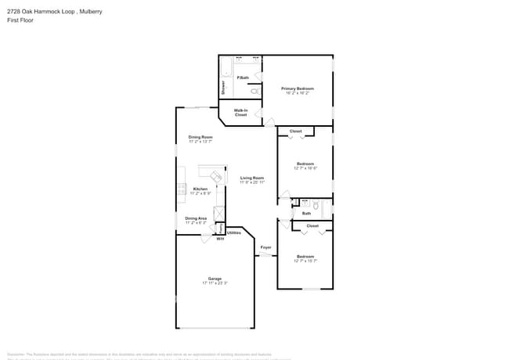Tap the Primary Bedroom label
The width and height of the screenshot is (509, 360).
tap(297, 88)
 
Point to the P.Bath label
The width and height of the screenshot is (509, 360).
tap(243, 77)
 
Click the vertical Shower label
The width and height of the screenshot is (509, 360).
tap(222, 87)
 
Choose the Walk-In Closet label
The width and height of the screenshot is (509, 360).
tap(240, 113)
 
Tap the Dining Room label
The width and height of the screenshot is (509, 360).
tap(200, 137)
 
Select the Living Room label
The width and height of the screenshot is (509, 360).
tap(252, 178)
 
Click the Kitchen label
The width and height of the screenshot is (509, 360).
tap(200, 189)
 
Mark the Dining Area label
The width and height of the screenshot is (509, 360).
tap(196, 218)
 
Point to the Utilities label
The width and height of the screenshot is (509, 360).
tap(234, 232)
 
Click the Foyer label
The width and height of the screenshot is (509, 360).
tap(265, 247)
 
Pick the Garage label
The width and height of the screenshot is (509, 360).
tap(215, 279)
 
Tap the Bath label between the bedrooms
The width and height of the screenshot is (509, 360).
tap(306, 213)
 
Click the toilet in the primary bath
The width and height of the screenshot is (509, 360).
tap(254, 91)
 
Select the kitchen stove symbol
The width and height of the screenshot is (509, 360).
tap(182, 188)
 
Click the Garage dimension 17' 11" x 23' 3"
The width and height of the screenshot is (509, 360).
tap(215, 283)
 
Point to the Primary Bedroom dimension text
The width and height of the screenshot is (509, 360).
tap(297, 93)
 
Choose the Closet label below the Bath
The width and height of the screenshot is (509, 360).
tap(312, 225)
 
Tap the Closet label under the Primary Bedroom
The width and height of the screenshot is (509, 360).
tap(295, 131)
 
